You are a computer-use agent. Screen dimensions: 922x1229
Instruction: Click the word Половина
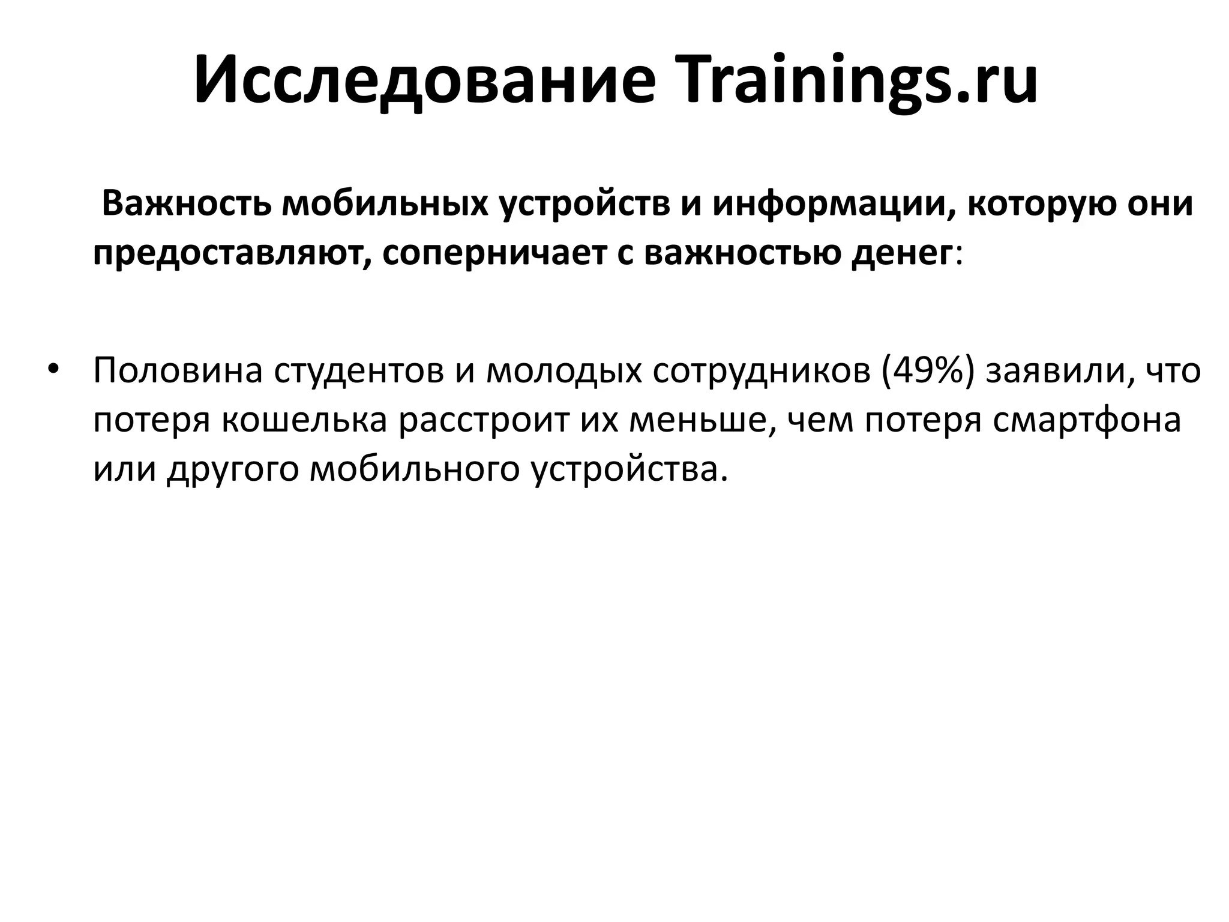click(178, 371)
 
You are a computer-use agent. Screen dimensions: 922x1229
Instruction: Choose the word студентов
click(359, 371)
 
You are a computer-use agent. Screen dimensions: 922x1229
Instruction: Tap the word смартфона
click(1086, 420)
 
